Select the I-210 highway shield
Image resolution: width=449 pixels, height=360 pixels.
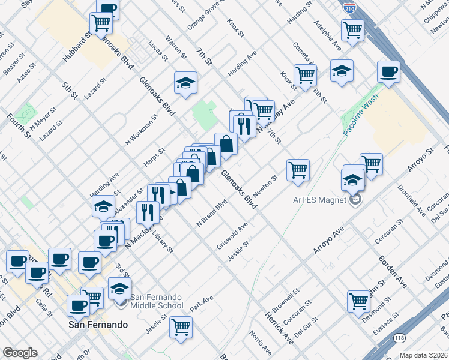tap(349, 8)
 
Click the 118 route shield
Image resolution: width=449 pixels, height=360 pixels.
tap(400, 338)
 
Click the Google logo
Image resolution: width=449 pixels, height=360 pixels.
tap(20, 353)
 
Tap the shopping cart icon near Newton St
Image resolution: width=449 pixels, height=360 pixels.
tap(298, 170)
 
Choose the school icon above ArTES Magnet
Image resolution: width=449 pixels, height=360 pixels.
tap(353, 179)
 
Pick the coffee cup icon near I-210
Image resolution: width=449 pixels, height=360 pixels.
tap(388, 72)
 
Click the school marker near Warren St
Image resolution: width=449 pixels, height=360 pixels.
tap(186, 83)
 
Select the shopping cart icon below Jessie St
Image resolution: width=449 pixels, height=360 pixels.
tap(181, 328)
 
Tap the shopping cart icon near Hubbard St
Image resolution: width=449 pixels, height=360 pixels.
tap(101, 23)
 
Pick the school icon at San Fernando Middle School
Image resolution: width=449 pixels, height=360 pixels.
tap(119, 289)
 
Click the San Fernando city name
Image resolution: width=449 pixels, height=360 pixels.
tap(98, 325)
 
